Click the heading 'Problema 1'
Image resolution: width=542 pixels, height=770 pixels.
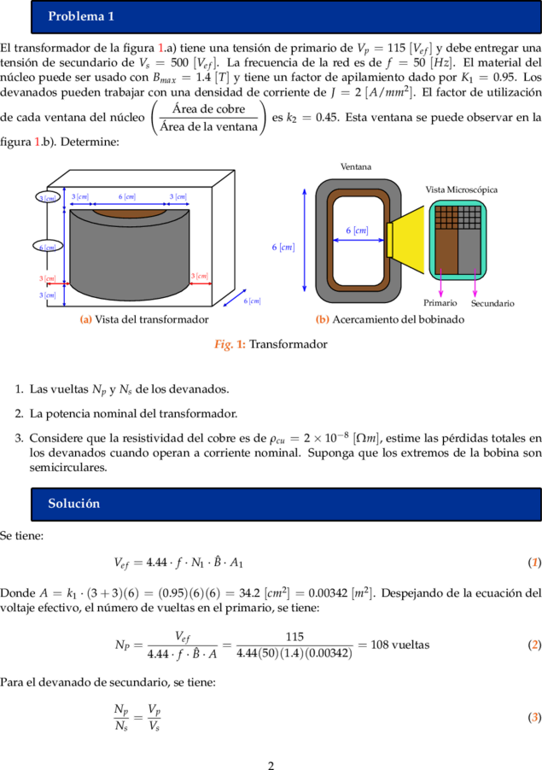click(x=81, y=16)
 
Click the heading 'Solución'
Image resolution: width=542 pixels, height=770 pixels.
click(x=73, y=504)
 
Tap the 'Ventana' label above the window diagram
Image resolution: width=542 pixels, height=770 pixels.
click(x=356, y=167)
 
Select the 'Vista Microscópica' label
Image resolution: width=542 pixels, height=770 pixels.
click(x=462, y=190)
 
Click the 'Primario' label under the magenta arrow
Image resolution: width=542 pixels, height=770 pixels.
click(x=440, y=303)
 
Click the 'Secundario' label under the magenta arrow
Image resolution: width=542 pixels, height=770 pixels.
click(x=492, y=303)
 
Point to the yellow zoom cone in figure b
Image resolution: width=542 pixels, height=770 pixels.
click(x=407, y=240)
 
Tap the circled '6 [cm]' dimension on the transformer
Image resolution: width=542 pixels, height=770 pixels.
click(x=48, y=247)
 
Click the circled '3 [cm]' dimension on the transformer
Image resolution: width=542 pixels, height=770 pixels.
click(x=48, y=197)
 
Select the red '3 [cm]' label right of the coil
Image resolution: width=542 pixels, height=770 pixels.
click(x=200, y=276)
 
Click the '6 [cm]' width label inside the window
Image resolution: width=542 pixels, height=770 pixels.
click(x=357, y=230)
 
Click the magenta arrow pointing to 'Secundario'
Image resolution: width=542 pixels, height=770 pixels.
click(x=475, y=283)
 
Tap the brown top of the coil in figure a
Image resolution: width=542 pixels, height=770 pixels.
click(x=129, y=213)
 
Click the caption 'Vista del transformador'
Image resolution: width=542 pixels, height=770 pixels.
click(x=152, y=319)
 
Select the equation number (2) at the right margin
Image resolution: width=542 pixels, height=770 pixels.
click(x=534, y=645)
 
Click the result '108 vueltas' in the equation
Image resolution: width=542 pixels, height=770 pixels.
click(x=400, y=645)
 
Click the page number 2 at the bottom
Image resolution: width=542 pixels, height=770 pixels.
click(x=271, y=765)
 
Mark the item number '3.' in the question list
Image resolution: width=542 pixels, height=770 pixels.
click(x=19, y=438)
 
